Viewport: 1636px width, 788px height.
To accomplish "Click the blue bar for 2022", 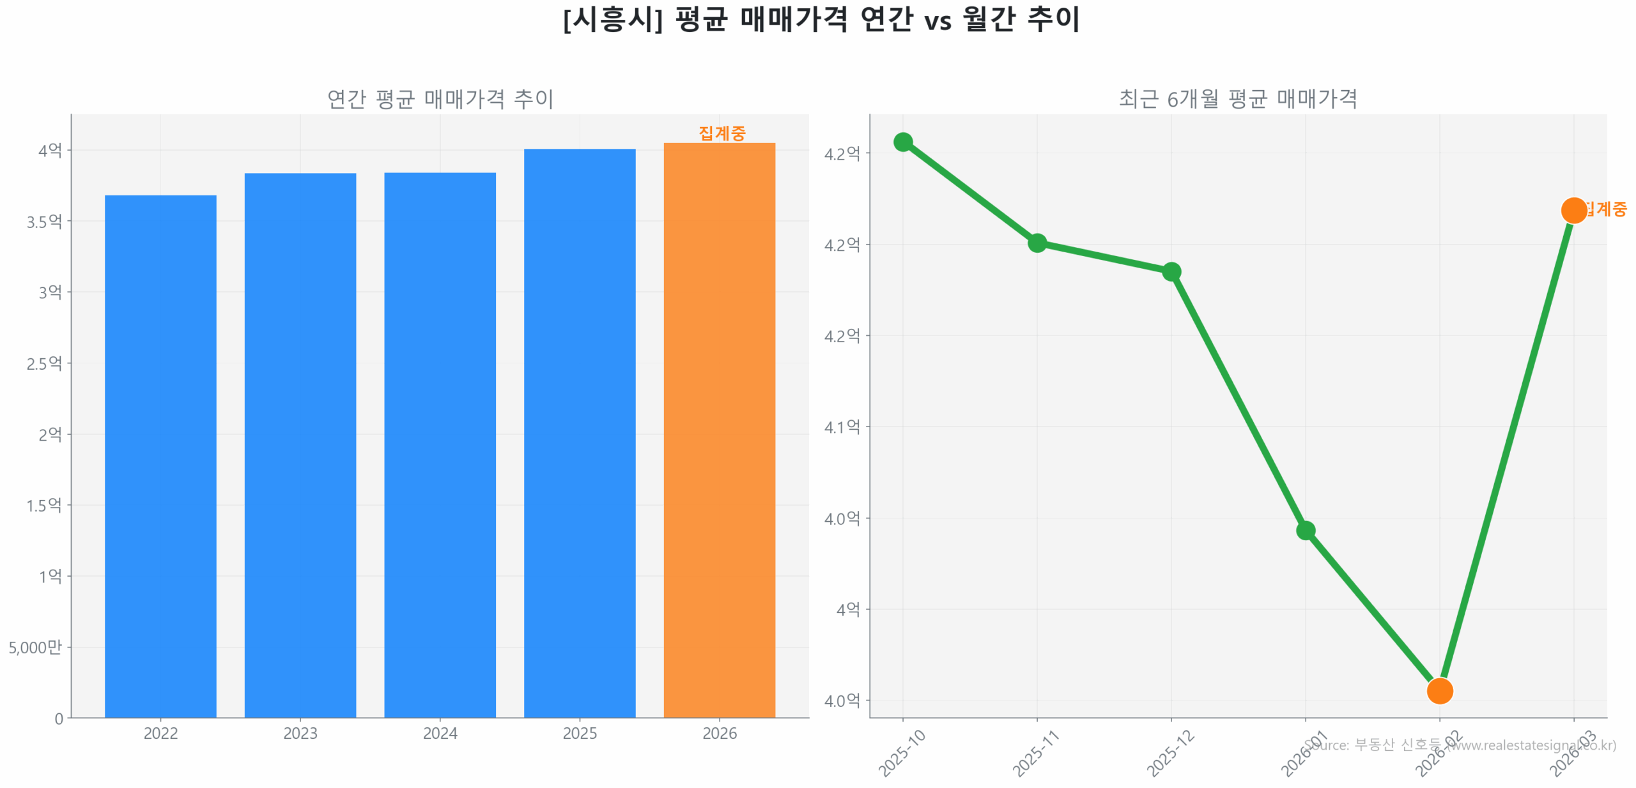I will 160,456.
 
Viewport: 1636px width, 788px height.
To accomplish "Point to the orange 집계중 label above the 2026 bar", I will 722,133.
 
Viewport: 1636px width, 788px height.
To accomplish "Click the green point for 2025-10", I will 903,142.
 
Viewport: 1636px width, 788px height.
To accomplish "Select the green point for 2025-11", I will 1037,243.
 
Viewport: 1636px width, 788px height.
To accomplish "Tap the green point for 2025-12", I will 1171,271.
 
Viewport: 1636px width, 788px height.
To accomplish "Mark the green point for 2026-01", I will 1305,530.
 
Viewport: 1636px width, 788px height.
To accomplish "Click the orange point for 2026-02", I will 1439,690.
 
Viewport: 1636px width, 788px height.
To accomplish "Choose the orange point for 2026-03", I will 1573,210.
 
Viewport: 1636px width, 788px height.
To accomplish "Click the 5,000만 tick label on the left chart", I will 36,647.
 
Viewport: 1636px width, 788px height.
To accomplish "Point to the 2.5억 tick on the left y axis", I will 44,363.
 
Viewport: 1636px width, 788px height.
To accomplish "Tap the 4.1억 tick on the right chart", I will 842,427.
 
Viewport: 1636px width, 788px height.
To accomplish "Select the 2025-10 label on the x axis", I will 902,754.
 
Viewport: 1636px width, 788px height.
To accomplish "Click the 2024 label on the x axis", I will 440,733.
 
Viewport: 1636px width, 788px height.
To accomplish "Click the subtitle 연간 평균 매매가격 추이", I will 440,99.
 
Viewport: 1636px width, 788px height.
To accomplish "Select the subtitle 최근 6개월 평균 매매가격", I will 1237,99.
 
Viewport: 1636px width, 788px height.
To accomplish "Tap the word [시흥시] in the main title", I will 612,19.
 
